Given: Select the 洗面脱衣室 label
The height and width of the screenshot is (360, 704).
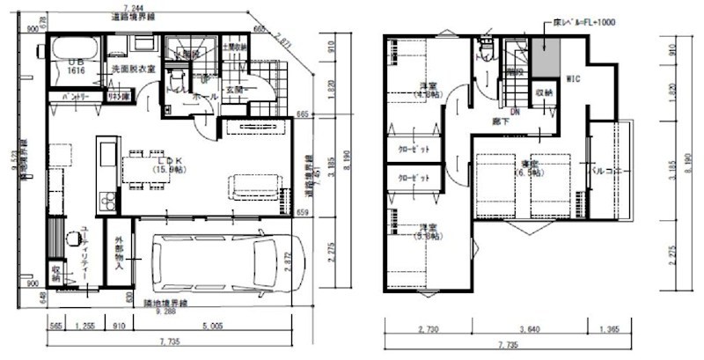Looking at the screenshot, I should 133,69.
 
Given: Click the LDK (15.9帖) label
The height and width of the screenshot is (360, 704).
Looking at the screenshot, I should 166,164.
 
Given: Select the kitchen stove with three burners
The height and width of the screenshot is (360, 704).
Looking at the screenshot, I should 107,201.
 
